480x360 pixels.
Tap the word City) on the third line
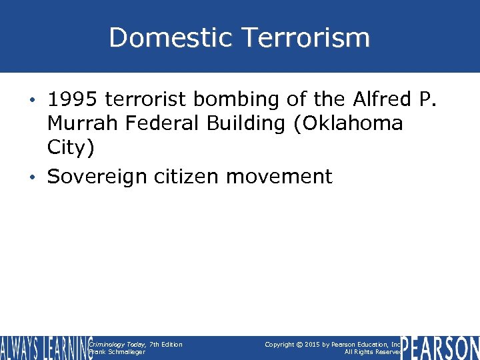(71, 147)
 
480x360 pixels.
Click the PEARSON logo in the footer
(440, 347)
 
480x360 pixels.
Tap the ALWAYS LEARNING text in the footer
(45, 347)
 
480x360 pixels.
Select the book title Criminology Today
(117, 344)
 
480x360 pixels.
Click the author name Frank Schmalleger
(117, 352)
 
